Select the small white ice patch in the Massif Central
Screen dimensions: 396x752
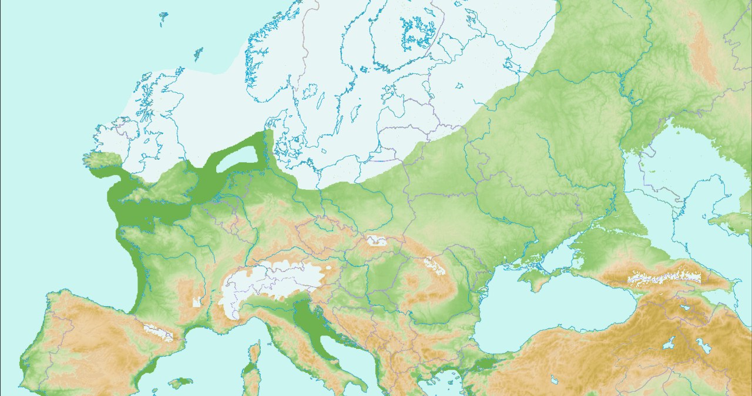click(197, 303)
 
